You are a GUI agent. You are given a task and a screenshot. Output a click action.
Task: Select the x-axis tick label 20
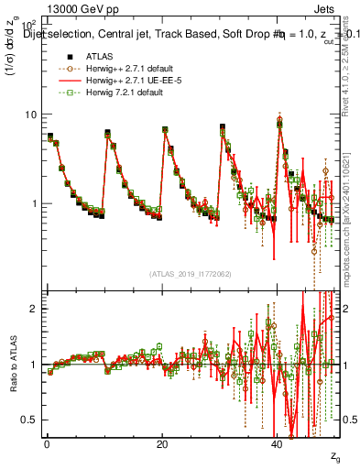162,443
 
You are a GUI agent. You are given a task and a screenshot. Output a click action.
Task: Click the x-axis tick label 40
278,443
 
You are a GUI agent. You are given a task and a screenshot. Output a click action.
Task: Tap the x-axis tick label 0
46,443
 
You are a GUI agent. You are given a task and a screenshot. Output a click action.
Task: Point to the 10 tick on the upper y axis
30,115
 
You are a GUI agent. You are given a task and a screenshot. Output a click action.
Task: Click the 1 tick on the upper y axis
34,202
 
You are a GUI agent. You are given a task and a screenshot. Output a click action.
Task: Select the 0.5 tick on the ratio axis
28,419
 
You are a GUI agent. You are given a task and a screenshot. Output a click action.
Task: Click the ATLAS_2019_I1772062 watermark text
191,273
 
